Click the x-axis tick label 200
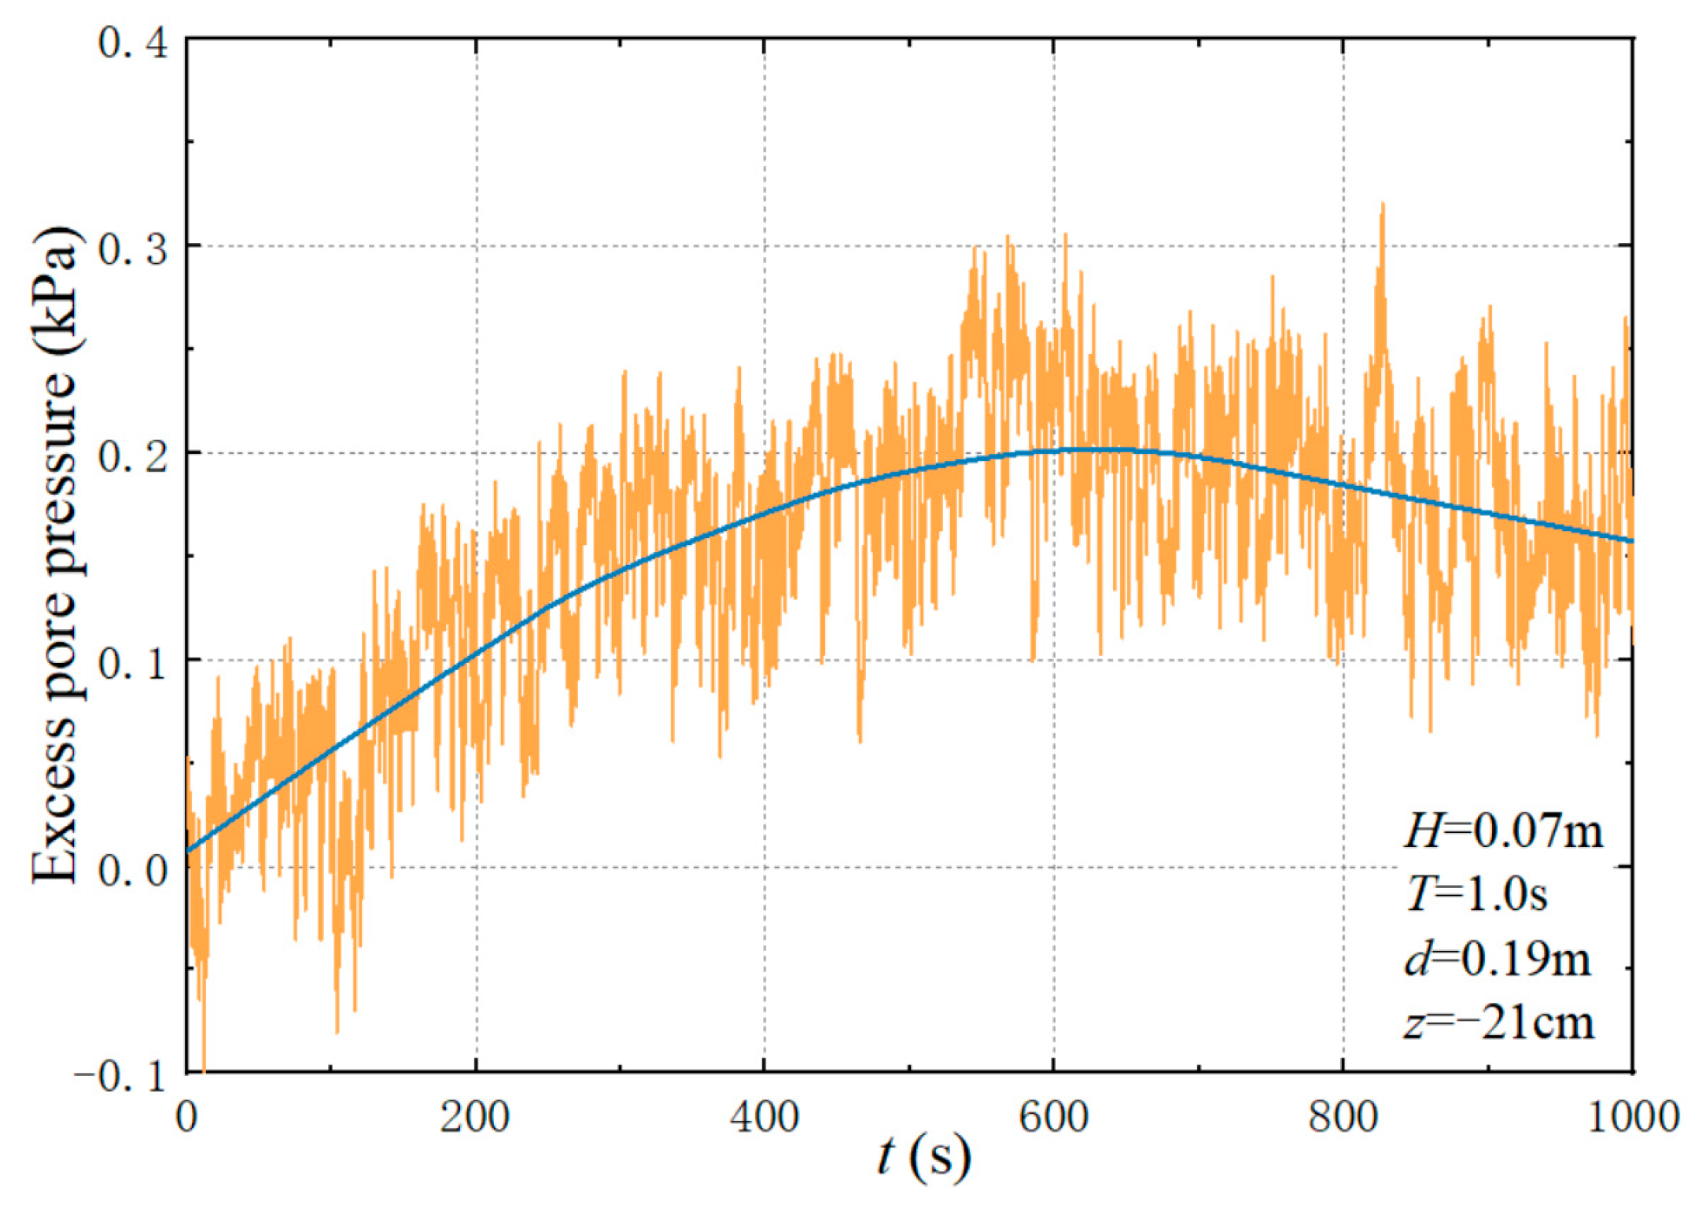pyautogui.click(x=474, y=1116)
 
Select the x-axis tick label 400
pyautogui.click(x=764, y=1116)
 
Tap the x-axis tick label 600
pyautogui.click(x=1053, y=1116)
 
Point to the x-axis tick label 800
pyautogui.click(x=1343, y=1116)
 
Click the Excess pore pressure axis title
pyautogui.click(x=55, y=555)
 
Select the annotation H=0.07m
pyautogui.click(x=1503, y=831)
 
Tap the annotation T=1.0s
pyautogui.click(x=1476, y=894)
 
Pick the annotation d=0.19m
pyautogui.click(x=1498, y=959)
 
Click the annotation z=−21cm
pyautogui.click(x=1499, y=1023)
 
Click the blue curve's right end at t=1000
pyautogui.click(x=1631, y=540)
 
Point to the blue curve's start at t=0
pyautogui.click(x=190, y=850)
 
